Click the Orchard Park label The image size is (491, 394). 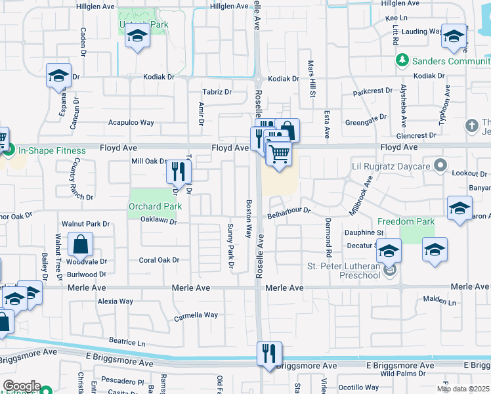[154, 206]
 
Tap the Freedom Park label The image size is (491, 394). [406, 221]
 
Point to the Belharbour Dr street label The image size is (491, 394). [288, 213]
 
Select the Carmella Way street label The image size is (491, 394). [196, 316]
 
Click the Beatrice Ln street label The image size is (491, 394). [127, 342]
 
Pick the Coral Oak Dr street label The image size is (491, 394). [159, 260]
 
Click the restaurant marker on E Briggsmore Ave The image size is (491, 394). [268, 353]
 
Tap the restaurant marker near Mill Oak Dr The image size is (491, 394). [178, 172]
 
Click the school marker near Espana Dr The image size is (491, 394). [58, 76]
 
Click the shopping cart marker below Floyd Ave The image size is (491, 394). [279, 155]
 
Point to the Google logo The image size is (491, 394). [22, 386]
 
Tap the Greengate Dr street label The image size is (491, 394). [363, 122]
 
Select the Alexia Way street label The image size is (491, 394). [116, 302]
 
